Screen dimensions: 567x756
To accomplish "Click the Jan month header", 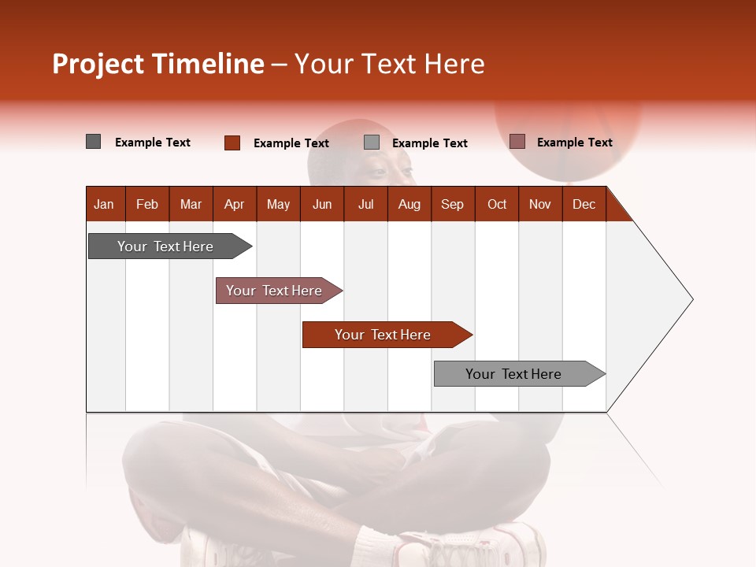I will point(105,204).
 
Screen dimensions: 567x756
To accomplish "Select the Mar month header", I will point(191,204).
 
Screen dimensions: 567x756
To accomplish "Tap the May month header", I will point(278,204).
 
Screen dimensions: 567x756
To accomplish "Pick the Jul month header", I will point(365,204).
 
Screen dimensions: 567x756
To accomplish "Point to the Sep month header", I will point(452,204).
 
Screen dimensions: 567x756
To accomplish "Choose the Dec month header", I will point(584,204).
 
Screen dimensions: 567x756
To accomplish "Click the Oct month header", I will point(497,204).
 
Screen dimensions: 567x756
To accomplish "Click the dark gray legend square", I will point(94,142).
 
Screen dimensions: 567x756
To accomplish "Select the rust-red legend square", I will point(232,143).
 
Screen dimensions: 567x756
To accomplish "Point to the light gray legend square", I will point(372,143).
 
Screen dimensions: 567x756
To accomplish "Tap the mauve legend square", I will point(517,142).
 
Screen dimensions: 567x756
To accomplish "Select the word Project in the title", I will point(98,64).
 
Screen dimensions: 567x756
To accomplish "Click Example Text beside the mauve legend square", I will point(574,143).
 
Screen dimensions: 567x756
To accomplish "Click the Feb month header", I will point(147,204).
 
